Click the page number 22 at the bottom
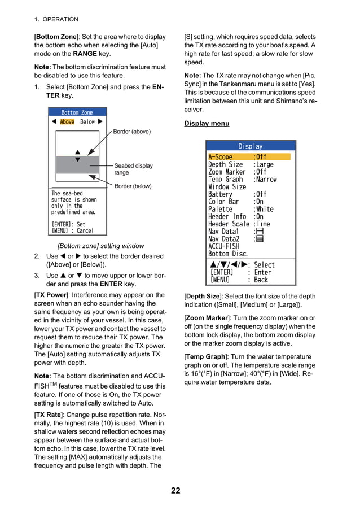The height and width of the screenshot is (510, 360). (175, 490)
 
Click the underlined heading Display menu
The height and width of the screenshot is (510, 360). (207, 124)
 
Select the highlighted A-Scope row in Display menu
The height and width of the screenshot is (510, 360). (249, 157)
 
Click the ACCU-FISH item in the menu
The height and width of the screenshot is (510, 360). (223, 246)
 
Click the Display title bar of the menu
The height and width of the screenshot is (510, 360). (250, 146)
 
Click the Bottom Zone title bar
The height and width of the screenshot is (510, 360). (77, 112)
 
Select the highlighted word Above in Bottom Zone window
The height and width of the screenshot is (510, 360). (67, 121)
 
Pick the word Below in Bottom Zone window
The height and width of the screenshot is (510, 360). (87, 121)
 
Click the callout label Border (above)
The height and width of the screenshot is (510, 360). (132, 132)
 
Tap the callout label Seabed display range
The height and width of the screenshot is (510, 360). (133, 169)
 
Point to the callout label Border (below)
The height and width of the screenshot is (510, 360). (133, 186)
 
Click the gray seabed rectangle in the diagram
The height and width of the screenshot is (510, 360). (77, 165)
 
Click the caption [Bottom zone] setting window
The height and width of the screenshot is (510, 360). (100, 246)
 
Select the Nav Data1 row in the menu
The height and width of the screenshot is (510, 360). (223, 232)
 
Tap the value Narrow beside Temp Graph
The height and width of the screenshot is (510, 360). (266, 179)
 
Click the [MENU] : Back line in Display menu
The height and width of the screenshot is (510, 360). (239, 280)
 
